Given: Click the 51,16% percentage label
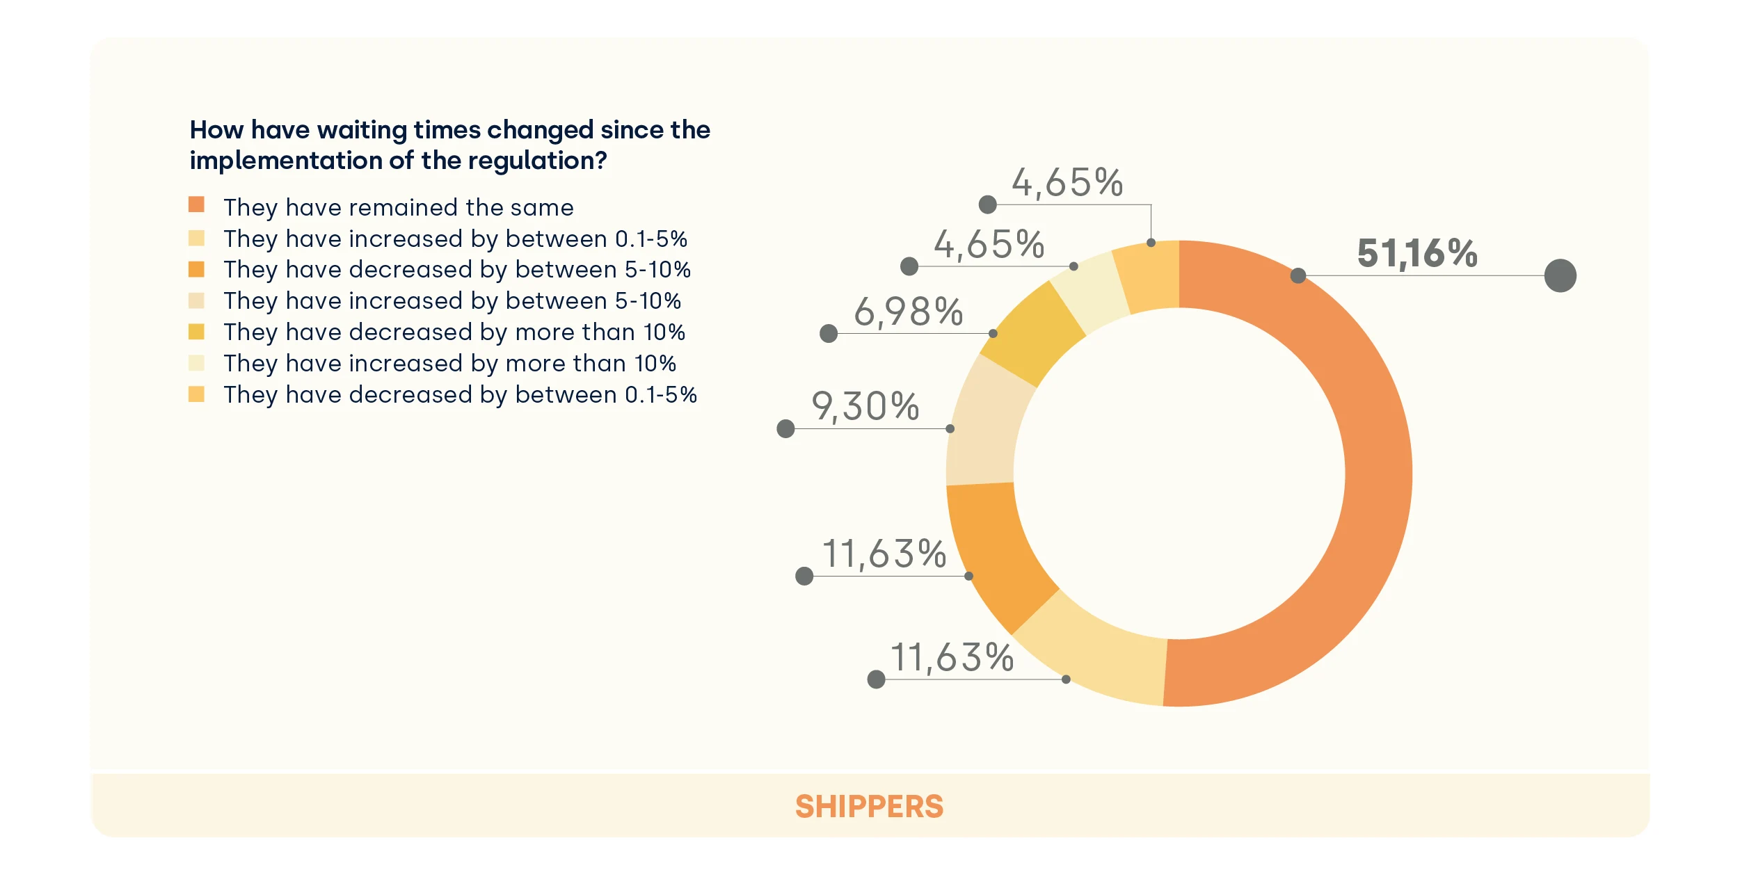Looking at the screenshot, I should (1416, 253).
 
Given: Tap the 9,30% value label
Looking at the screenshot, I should (865, 406).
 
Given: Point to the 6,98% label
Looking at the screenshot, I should (908, 312).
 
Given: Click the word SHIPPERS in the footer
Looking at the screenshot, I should (869, 807).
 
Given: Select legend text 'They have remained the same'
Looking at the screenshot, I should (398, 207).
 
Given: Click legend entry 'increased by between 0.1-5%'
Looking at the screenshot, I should (455, 239).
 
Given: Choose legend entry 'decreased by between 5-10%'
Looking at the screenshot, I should (456, 269).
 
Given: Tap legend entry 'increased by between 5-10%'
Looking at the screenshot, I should (452, 300).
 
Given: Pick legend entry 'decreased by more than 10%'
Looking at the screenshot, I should (454, 332).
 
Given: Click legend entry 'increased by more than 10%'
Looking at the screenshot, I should (449, 363).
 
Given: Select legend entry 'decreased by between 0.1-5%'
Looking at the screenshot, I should (460, 394).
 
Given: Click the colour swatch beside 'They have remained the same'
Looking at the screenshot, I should (196, 204).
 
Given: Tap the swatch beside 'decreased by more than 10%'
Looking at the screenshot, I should (196, 332).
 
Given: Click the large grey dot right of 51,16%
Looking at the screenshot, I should (1560, 275).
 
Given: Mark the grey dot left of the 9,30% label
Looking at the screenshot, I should (785, 428).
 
